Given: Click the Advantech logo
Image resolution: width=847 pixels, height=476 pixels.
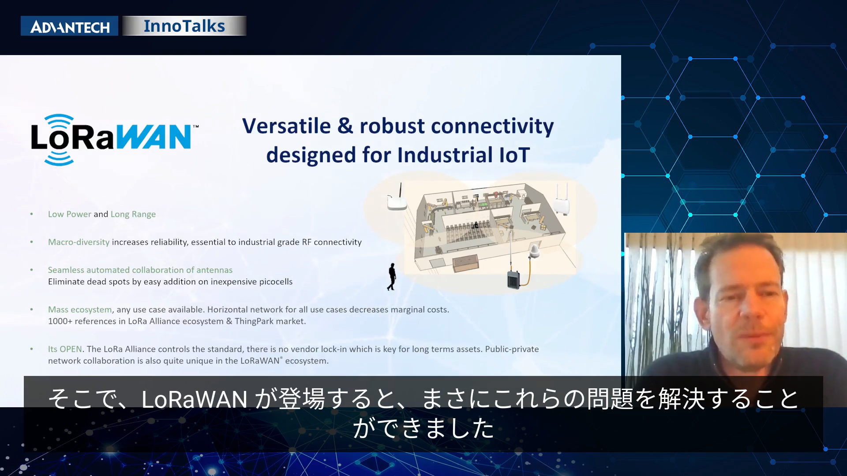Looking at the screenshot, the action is [69, 26].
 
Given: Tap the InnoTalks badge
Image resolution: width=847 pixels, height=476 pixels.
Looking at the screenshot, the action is [184, 26].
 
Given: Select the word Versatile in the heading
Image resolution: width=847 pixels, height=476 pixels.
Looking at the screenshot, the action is [286, 126].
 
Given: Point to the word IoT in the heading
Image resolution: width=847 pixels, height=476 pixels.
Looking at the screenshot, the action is [514, 155].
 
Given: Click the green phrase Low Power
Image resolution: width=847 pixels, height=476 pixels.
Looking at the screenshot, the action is [70, 214].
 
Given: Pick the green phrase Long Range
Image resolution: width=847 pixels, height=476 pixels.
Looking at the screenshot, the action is [133, 214].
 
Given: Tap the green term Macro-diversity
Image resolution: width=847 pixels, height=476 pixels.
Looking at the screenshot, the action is [79, 242].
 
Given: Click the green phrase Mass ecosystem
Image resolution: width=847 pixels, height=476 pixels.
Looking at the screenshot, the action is [80, 310].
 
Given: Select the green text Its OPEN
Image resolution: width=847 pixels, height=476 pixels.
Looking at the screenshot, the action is [65, 349].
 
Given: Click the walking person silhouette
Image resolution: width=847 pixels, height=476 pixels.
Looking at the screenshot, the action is [392, 277].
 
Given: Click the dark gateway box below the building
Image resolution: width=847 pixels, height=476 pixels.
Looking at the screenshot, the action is [513, 279].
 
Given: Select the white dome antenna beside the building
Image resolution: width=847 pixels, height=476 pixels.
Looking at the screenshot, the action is [535, 251].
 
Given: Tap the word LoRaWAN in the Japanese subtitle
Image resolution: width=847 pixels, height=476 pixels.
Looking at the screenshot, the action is [194, 399].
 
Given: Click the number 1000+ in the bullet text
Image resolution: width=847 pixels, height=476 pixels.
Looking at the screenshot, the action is [60, 321].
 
